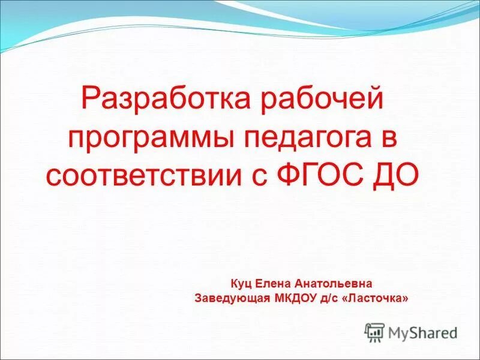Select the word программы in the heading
click(x=151, y=137)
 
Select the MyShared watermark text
click(x=422, y=332)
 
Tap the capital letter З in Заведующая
click(x=199, y=297)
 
